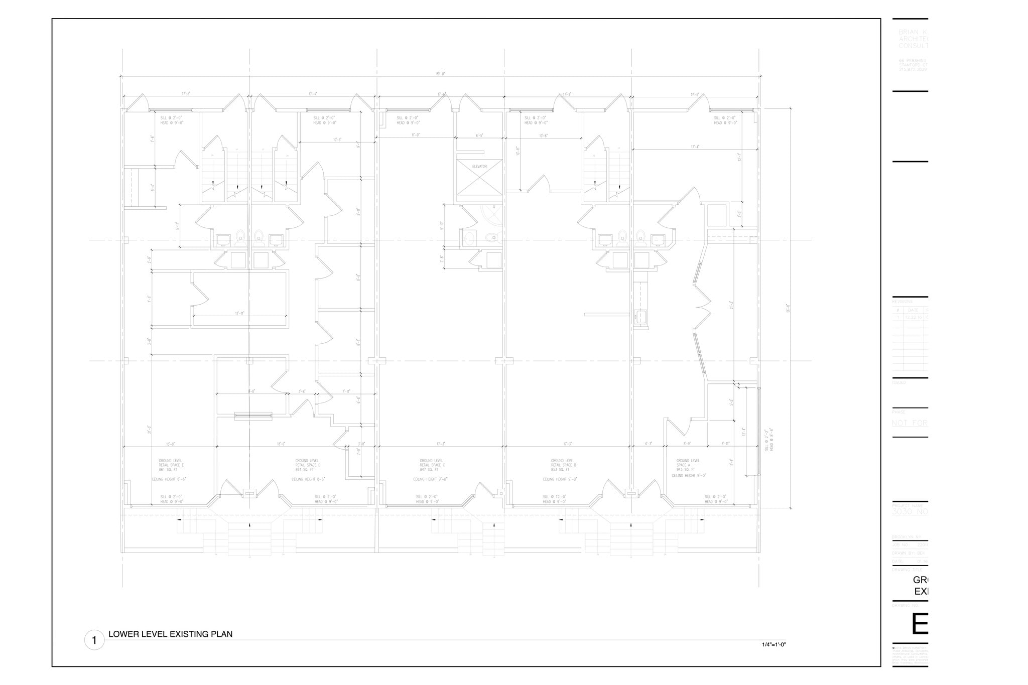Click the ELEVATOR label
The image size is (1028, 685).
[x=479, y=166]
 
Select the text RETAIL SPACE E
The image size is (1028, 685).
[x=171, y=465]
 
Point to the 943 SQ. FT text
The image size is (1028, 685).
[x=686, y=470]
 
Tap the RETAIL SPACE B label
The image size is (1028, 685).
[x=563, y=465]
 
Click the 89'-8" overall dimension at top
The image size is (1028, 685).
[x=441, y=74]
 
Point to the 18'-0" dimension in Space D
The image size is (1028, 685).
[x=281, y=444]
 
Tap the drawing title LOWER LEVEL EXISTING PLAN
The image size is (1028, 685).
[x=170, y=634]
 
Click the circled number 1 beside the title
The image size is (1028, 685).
[x=94, y=640]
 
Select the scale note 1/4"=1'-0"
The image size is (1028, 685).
[x=774, y=644]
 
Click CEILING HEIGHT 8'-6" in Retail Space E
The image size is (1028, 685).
[x=169, y=479]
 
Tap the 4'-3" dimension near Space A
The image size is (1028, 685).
[x=649, y=444]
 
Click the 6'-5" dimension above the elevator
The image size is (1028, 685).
[x=479, y=135]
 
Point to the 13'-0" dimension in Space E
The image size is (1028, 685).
[x=170, y=444]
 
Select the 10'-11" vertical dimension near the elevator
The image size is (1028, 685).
[x=518, y=151]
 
